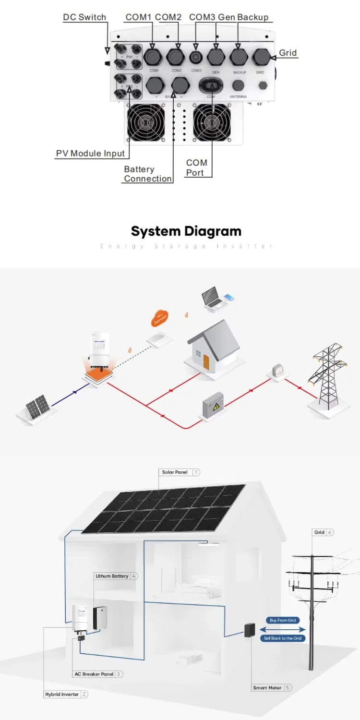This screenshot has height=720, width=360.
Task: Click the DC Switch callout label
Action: click(x=84, y=17)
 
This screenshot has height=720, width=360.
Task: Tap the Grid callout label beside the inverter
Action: click(x=288, y=53)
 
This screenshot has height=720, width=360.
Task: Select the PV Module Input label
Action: click(x=90, y=154)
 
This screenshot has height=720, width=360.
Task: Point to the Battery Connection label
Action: click(x=147, y=174)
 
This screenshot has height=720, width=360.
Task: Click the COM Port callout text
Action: click(x=197, y=168)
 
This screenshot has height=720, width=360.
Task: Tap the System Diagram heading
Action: click(x=186, y=231)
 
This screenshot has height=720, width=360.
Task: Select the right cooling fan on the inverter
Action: click(x=212, y=123)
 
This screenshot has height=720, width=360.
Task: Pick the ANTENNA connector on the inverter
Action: click(x=238, y=85)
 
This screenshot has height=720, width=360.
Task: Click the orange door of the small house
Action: click(x=206, y=361)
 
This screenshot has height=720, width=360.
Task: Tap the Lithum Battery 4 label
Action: click(x=116, y=576)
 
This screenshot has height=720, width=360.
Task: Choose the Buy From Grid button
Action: click(x=283, y=620)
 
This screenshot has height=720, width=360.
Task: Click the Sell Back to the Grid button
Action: click(x=283, y=638)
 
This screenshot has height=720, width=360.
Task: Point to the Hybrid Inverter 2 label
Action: click(x=66, y=695)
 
